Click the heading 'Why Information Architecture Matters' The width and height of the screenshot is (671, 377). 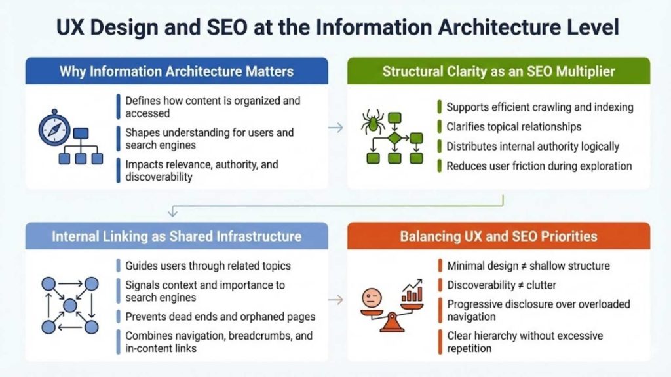coord(176,71)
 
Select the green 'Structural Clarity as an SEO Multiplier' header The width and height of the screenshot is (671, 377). coord(499,71)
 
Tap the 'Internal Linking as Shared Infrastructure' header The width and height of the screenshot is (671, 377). coord(176,236)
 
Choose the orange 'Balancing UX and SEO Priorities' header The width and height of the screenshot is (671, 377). coord(499,236)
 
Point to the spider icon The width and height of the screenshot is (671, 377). coord(373,122)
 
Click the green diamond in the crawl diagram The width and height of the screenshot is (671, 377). coord(394,139)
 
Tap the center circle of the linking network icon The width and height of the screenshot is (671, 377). coord(70,305)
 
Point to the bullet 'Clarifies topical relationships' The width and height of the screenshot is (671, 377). coord(514,126)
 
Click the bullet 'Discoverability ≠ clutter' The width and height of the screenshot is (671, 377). coord(502,285)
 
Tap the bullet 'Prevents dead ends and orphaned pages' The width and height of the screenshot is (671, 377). coord(220,317)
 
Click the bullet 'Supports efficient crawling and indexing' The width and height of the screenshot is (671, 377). coord(539,107)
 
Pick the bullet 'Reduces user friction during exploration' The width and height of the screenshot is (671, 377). coord(539,166)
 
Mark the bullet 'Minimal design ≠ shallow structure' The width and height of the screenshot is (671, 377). coord(528,266)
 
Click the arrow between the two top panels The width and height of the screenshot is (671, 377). coord(335,128)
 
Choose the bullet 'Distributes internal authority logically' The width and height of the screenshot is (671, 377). coord(533,146)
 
